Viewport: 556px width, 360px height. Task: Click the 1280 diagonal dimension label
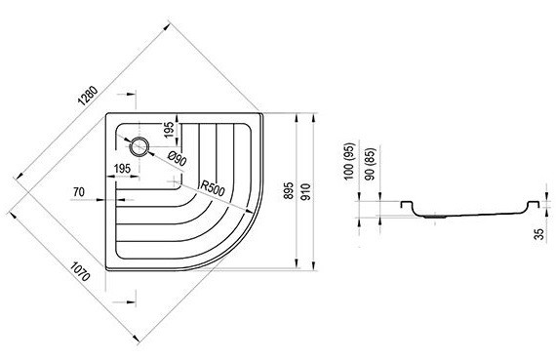coord(88,96)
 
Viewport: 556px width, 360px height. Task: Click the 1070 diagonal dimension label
coord(80,271)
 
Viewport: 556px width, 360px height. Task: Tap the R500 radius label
coord(213,188)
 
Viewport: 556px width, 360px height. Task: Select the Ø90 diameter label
coord(177,159)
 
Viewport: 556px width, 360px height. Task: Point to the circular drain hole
coord(139,146)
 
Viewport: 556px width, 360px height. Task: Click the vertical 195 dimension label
coord(170,130)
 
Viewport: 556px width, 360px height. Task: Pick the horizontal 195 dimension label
coord(122,169)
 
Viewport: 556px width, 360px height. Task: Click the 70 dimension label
coord(79,192)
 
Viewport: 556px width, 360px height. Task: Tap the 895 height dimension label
coord(290,190)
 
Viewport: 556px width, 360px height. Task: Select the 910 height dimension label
coord(305,191)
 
